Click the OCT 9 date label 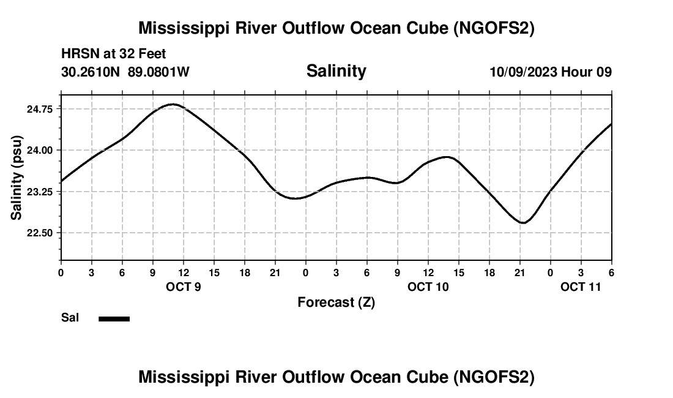(184, 287)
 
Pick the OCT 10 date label (428, 287)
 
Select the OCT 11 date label (581, 287)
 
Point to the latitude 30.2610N (92, 72)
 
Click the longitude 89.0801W (158, 72)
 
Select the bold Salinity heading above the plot (336, 71)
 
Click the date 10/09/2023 (523, 72)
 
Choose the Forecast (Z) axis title (336, 302)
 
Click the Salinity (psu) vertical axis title (17, 178)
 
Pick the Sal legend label (70, 318)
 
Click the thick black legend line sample (114, 318)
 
